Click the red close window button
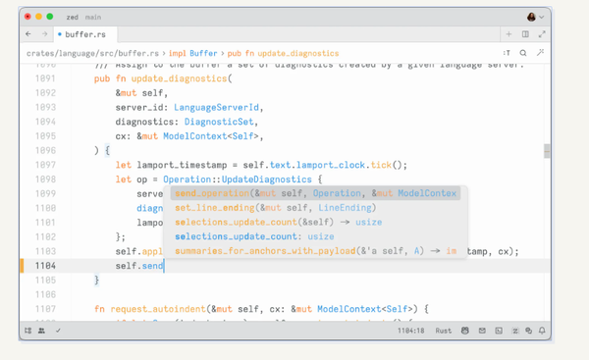pos(27,17)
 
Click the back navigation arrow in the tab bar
pos(28,34)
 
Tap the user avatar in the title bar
pos(531,17)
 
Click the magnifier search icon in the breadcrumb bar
pos(523,52)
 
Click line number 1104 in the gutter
pos(45,266)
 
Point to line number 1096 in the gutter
pos(45,150)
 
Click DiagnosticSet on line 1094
pos(219,122)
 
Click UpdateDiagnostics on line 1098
pos(266,180)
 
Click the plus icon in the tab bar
pos(509,34)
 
